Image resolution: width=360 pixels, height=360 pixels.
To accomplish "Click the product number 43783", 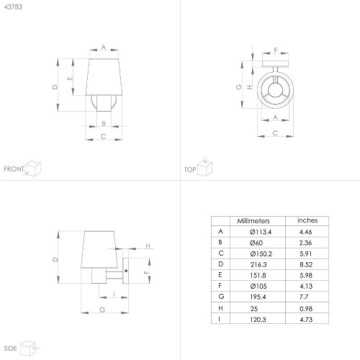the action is [x=13, y=7].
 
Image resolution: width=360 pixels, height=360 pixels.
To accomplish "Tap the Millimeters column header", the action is [x=253, y=221].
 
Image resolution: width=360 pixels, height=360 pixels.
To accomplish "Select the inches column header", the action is [x=307, y=220].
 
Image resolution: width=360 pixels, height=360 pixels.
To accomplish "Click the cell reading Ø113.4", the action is [x=261, y=232].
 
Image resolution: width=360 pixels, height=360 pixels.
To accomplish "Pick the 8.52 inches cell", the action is [x=306, y=264].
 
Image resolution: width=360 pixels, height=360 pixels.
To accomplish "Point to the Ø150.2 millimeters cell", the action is [x=261, y=253].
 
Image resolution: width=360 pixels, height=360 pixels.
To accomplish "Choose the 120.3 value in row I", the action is [x=258, y=320].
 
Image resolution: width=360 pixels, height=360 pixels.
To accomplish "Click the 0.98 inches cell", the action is [x=306, y=309].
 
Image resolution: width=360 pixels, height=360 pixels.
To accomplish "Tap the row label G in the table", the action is [x=221, y=297].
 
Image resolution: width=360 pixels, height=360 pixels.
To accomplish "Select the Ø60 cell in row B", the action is [x=256, y=243].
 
